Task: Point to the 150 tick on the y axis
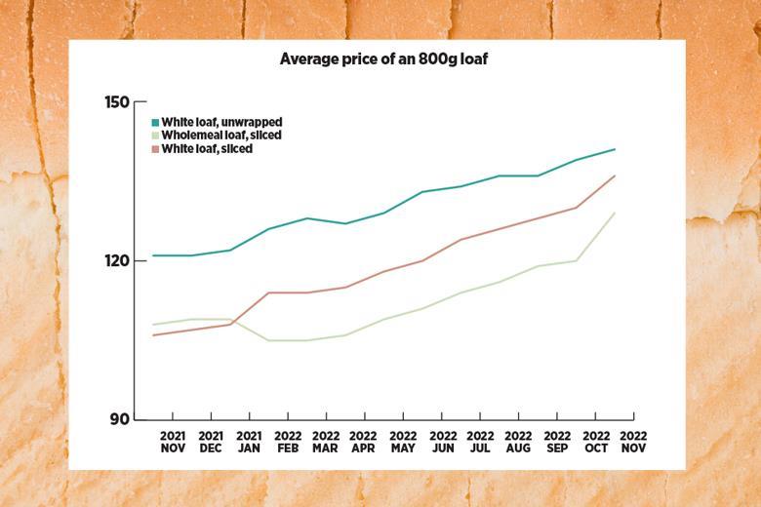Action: click(117, 101)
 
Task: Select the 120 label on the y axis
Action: click(117, 260)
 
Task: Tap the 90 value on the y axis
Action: click(121, 419)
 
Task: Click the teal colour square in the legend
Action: click(155, 123)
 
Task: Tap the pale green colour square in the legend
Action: click(155, 136)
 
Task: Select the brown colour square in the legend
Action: click(155, 149)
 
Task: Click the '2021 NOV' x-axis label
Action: click(173, 442)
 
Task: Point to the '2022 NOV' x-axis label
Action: click(633, 442)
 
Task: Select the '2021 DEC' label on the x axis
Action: click(211, 442)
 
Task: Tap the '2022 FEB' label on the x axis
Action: click(288, 442)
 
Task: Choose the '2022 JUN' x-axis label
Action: click(442, 442)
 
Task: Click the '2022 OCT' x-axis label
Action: click(595, 442)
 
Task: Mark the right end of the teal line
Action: click(615, 149)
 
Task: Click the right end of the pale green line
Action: click(615, 213)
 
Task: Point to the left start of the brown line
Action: click(153, 335)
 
